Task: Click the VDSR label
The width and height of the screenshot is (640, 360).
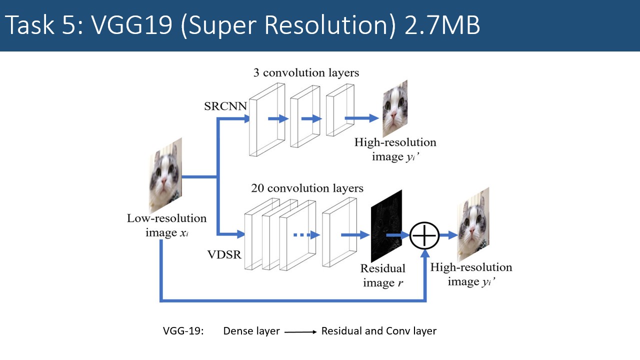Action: click(224, 254)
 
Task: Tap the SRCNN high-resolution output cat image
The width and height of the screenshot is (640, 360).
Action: click(395, 108)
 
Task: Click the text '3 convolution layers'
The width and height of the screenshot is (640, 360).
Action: click(305, 72)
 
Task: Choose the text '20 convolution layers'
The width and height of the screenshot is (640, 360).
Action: click(307, 188)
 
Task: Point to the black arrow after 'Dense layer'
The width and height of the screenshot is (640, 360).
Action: click(300, 331)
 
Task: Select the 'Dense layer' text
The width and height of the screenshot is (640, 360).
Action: click(251, 331)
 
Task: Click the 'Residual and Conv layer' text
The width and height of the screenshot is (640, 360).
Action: click(378, 331)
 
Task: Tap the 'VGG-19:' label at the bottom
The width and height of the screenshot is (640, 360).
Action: click(183, 331)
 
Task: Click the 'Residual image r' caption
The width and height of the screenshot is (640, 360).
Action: click(383, 275)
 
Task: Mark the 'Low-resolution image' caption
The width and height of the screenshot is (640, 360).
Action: click(166, 225)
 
